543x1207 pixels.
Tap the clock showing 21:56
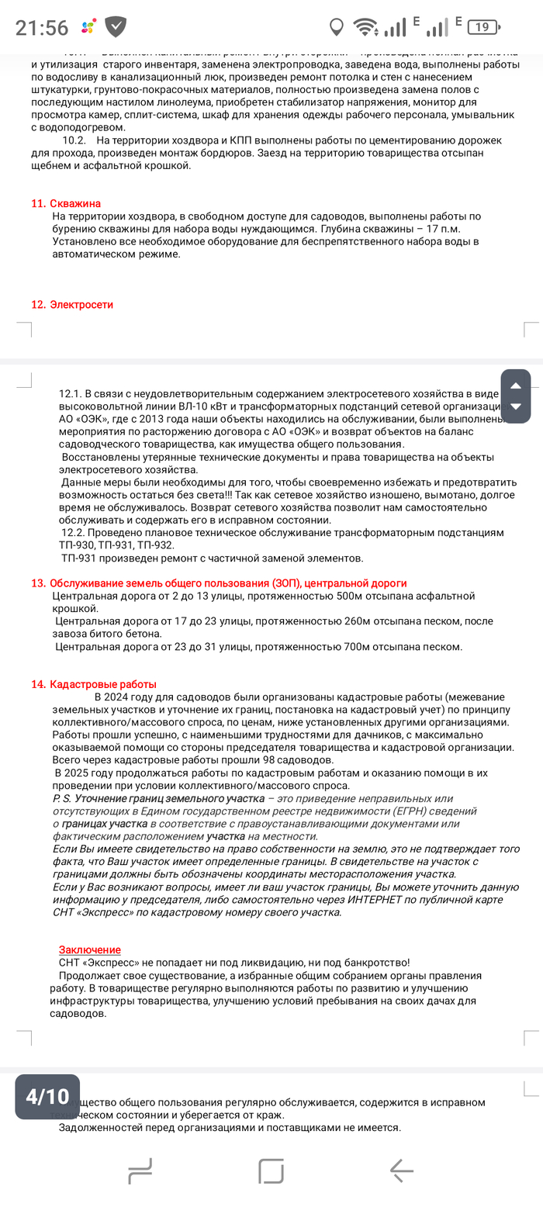coord(42,28)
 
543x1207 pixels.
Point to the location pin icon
coord(337,28)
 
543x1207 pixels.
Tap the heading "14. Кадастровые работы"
coord(94,684)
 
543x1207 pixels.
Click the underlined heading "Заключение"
coord(90,949)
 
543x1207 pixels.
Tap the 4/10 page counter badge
coord(47,1096)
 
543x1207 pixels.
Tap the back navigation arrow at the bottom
coord(402,1170)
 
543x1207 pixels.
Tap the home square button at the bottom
coord(271,1170)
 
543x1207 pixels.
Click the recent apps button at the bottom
coord(140,1170)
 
